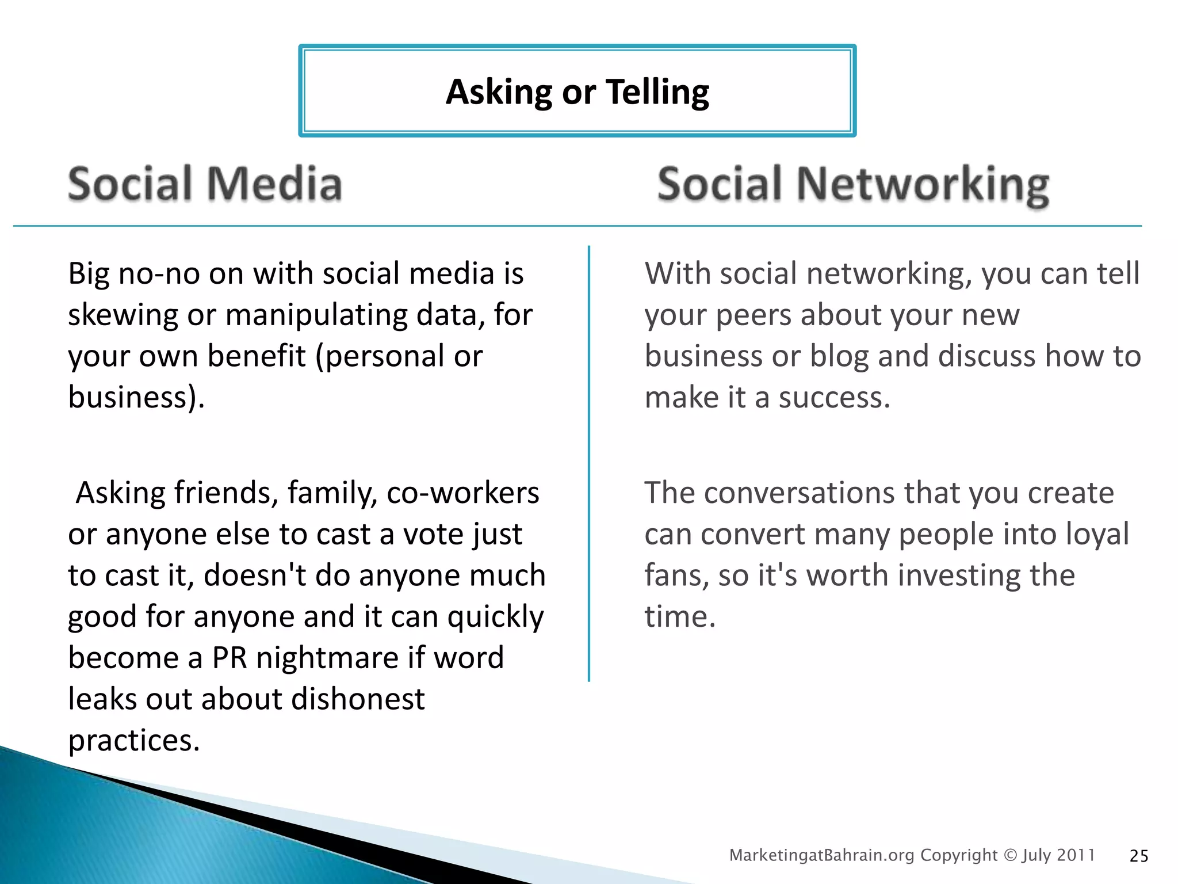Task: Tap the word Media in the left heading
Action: [274, 184]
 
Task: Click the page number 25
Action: [1139, 856]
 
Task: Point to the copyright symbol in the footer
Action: [1010, 855]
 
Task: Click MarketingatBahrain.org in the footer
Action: [821, 855]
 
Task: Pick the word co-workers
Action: [463, 493]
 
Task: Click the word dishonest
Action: [358, 699]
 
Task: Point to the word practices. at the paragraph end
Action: [133, 741]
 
